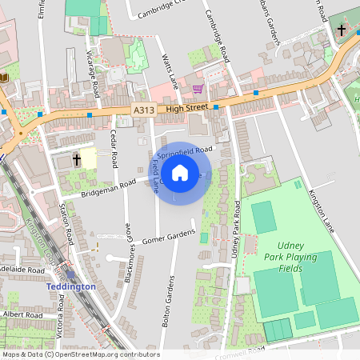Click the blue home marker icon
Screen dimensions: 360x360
click(180, 172)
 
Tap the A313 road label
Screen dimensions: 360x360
click(144, 110)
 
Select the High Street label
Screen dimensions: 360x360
click(187, 106)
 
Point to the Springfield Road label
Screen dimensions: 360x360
click(186, 150)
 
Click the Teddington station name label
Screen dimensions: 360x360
click(71, 286)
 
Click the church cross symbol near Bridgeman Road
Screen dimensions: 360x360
click(77, 160)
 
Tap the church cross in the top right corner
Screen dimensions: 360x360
click(342, 30)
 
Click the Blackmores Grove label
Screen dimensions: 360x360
click(128, 258)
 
